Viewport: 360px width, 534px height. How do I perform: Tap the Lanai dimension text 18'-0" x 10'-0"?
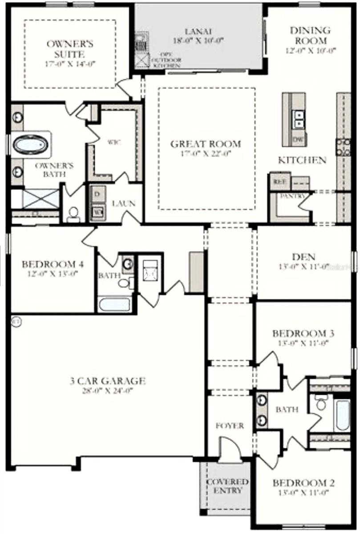tap(198, 40)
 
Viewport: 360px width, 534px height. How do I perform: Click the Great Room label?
tap(206, 144)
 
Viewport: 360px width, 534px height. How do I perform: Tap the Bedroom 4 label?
tap(53, 264)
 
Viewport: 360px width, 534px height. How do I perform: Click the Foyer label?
tap(230, 426)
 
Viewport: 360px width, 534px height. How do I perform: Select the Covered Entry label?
tap(227, 486)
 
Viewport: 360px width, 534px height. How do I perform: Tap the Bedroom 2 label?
tap(304, 483)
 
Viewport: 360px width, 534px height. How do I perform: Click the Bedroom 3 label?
tap(303, 333)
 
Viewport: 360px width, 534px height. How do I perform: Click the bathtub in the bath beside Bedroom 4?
tap(115, 305)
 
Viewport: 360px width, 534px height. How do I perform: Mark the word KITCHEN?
tap(302, 160)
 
